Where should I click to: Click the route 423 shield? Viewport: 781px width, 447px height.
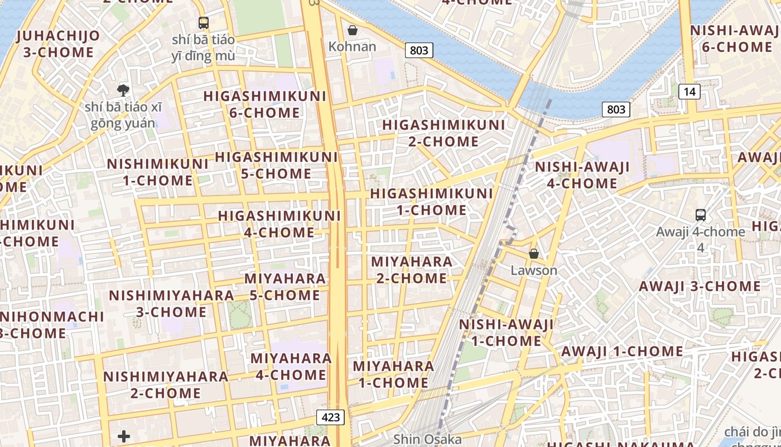[x=331, y=417]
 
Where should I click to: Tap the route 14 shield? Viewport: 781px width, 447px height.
[x=690, y=91]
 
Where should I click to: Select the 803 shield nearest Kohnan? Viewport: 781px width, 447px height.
[x=418, y=51]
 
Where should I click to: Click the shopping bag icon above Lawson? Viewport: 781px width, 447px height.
[x=534, y=254]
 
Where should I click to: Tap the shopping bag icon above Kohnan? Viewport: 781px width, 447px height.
[x=352, y=30]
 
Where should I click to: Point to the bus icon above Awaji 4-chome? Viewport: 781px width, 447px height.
[x=700, y=215]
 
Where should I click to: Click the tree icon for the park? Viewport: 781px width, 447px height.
[x=123, y=90]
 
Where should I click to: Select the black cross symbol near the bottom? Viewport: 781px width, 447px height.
[x=124, y=436]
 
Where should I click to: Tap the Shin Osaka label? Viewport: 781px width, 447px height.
[x=427, y=439]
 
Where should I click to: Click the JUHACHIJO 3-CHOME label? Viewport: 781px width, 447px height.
[x=59, y=44]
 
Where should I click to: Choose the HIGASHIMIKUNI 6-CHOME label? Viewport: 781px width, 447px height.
[x=264, y=104]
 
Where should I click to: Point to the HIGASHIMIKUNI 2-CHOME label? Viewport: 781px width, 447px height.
[x=443, y=133]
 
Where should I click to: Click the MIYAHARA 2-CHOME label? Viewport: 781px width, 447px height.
[x=412, y=270]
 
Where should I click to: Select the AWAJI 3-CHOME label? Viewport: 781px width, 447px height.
[x=700, y=287]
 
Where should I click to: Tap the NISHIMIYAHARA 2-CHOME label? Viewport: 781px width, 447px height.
[x=166, y=385]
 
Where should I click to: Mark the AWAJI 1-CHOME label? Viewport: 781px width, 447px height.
[x=622, y=351]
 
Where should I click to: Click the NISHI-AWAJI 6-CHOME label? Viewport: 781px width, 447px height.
[x=736, y=39]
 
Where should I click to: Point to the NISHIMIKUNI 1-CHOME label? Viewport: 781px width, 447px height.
[x=158, y=172]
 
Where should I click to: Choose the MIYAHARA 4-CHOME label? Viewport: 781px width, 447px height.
[x=291, y=367]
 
